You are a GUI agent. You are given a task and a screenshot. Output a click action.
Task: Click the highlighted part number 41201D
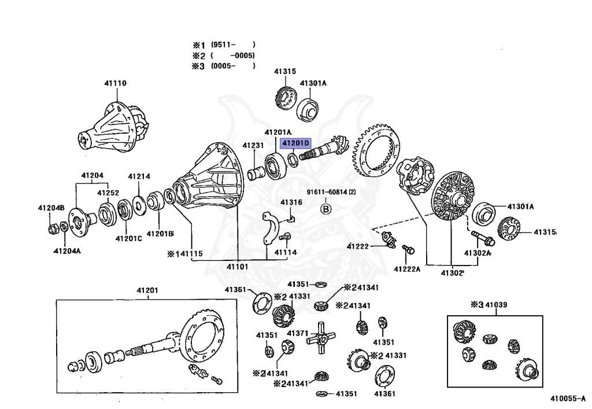click(x=296, y=142)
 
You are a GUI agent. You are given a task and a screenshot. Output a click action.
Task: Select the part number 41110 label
click(x=115, y=83)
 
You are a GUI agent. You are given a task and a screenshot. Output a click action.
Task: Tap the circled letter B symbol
click(x=325, y=209)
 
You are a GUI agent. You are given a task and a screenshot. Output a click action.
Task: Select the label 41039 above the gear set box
click(x=496, y=305)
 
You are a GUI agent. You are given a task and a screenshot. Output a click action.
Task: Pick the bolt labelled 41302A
click(x=479, y=237)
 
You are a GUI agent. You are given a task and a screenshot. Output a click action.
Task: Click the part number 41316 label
click(x=291, y=202)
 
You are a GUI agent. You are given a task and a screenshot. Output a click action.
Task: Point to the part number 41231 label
click(x=253, y=146)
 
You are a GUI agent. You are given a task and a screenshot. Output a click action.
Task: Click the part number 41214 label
click(x=139, y=176)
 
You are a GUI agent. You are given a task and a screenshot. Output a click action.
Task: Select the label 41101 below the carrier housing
click(x=237, y=267)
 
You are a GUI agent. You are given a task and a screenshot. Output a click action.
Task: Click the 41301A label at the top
click(x=313, y=83)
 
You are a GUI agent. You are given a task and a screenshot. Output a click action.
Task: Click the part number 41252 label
click(x=108, y=193)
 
